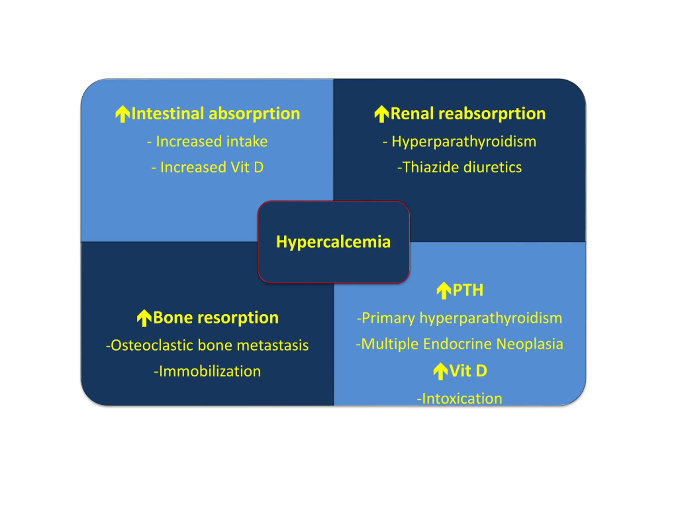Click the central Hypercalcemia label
pos(333,242)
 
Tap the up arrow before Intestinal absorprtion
pos(123,114)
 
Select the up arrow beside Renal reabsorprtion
pos(382,114)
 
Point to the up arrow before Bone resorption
pos(144,318)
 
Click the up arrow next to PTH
pos(444,291)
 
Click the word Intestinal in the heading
pos(168,113)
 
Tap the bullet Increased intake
pos(207,142)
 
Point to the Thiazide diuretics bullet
pos(460,167)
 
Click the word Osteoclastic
pos(150,345)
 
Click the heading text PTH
pos(468,290)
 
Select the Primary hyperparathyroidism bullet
pos(460,318)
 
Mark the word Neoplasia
pos(530,344)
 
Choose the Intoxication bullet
pos(460,398)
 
